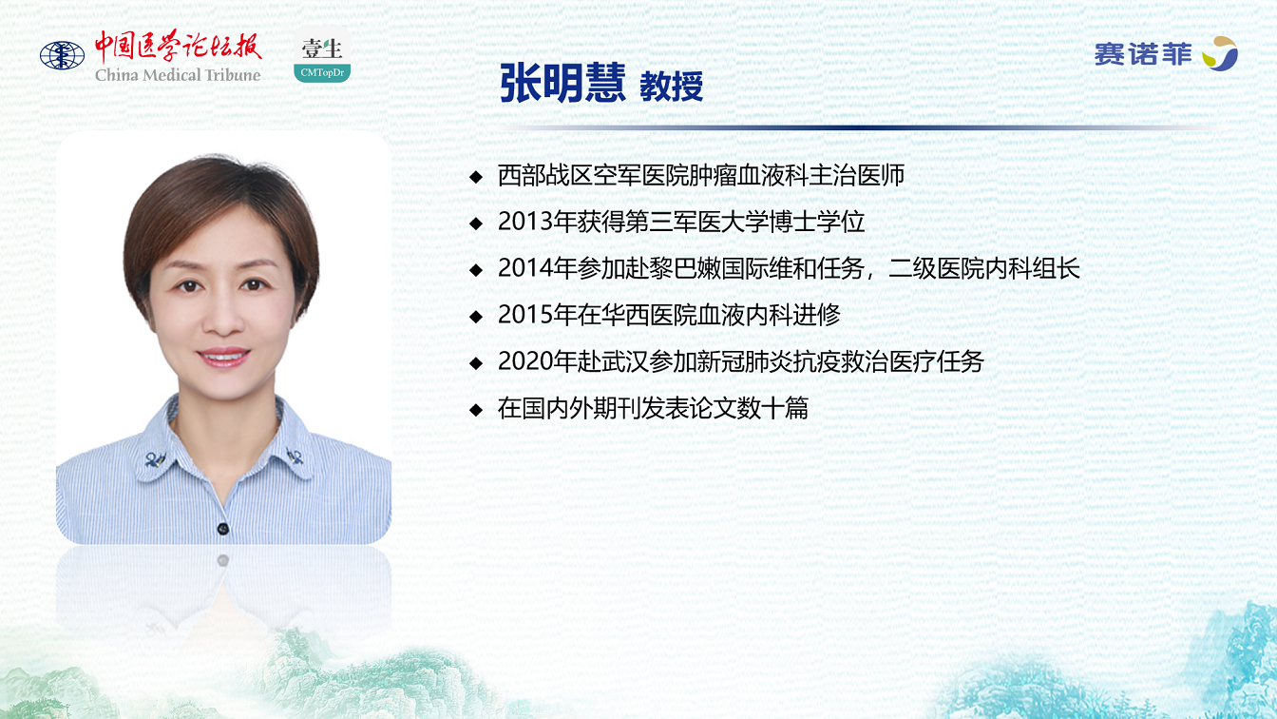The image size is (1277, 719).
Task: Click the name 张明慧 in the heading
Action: pyautogui.click(x=562, y=84)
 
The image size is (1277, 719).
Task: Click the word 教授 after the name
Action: pyautogui.click(x=672, y=87)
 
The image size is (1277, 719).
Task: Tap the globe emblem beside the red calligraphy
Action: pyautogui.click(x=62, y=55)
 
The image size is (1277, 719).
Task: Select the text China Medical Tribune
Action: pyautogui.click(x=178, y=75)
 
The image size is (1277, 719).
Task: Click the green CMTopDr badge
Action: pyautogui.click(x=322, y=72)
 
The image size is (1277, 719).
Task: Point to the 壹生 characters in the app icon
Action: pyautogui.click(x=321, y=49)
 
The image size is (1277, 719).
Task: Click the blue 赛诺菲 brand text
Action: pyautogui.click(x=1143, y=55)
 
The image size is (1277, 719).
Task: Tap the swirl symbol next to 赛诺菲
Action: pyautogui.click(x=1221, y=53)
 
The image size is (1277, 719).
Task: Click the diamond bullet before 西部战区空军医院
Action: pyautogui.click(x=476, y=176)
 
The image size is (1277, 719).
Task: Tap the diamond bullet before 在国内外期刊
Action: pyautogui.click(x=476, y=409)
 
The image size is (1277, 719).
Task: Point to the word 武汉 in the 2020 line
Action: pyautogui.click(x=625, y=361)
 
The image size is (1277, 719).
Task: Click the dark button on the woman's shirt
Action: pyautogui.click(x=223, y=529)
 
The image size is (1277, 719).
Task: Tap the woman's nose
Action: pyautogui.click(x=222, y=320)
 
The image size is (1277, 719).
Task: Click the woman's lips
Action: pyautogui.click(x=223, y=357)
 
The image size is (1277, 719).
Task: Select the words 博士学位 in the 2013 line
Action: pyautogui.click(x=817, y=222)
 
